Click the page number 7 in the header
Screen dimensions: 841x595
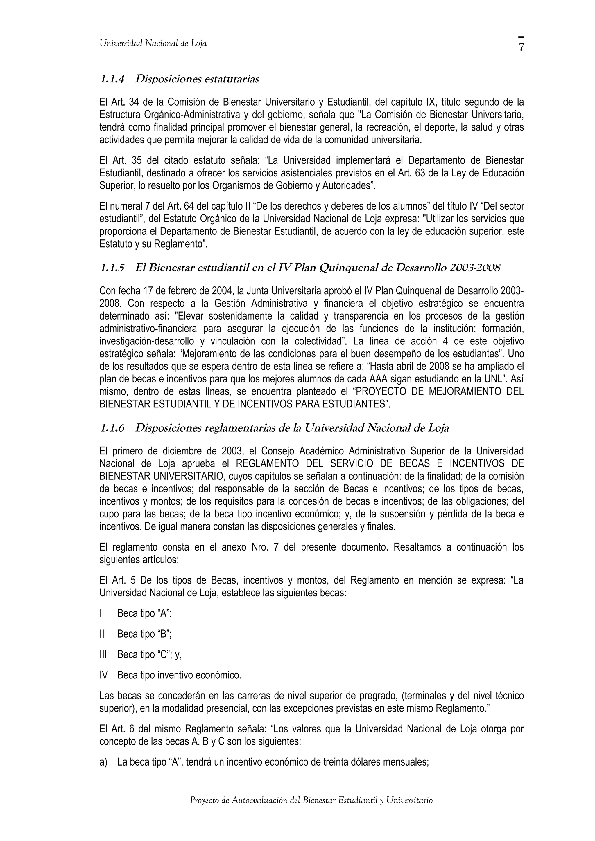coord(521,47)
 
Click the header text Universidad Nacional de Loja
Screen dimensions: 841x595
coord(153,44)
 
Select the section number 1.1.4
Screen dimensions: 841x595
coord(112,79)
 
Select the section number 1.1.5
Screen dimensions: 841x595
coord(112,268)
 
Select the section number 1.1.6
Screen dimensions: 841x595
coord(112,428)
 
